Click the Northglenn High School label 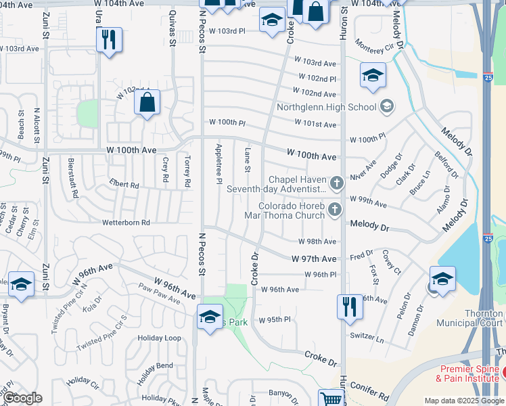326,107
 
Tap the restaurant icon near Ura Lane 108,40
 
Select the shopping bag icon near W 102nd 147,104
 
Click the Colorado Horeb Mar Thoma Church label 291,211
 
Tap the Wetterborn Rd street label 125,222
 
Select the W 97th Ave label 314,259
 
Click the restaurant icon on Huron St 350,306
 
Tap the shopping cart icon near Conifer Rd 331,399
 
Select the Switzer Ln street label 367,336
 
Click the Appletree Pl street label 218,163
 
